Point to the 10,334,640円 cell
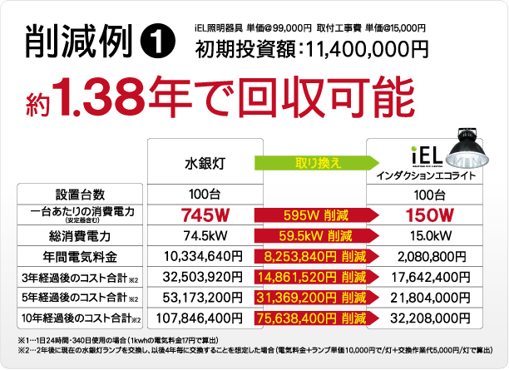[203, 255]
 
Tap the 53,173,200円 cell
[203, 297]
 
